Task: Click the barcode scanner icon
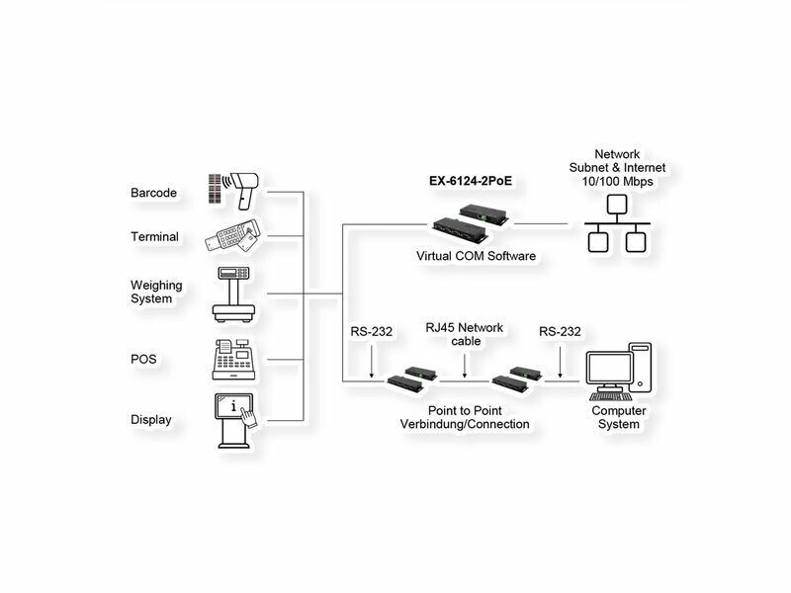(x=234, y=189)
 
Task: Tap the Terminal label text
(x=154, y=237)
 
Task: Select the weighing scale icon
(x=234, y=294)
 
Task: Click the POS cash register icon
(x=234, y=359)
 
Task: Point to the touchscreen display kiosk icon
(x=236, y=419)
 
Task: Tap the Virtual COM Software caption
(x=477, y=256)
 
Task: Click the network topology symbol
(x=615, y=225)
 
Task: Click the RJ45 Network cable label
(x=465, y=334)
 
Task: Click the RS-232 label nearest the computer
(x=560, y=332)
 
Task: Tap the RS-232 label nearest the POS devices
(x=371, y=332)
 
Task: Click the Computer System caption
(x=619, y=417)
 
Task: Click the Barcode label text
(x=153, y=193)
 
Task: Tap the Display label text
(x=151, y=420)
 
